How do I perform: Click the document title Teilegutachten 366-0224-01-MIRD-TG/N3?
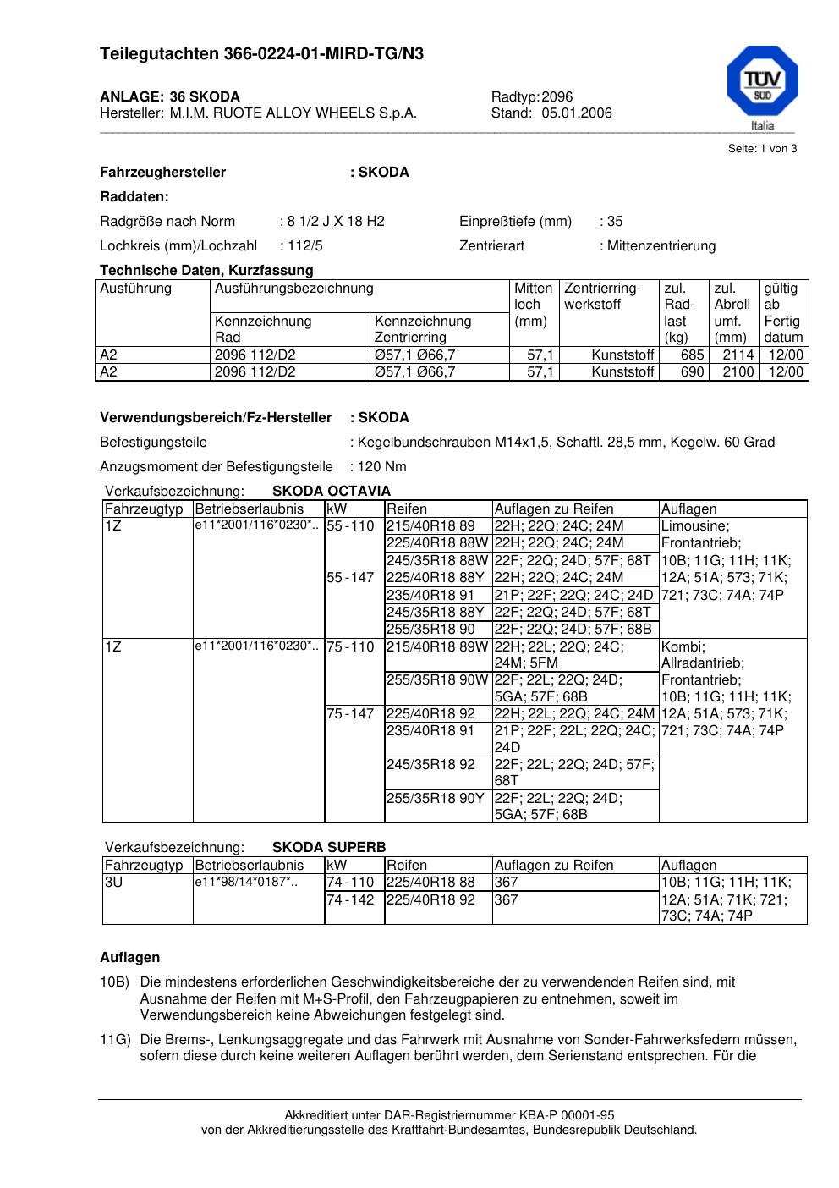pyautogui.click(x=261, y=54)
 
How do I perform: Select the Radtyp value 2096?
pyautogui.click(x=557, y=97)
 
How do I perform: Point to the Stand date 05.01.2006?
pyautogui.click(x=577, y=113)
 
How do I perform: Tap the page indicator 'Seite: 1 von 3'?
pyautogui.click(x=762, y=149)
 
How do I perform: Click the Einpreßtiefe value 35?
pyautogui.click(x=615, y=222)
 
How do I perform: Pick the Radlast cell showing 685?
pyautogui.click(x=692, y=355)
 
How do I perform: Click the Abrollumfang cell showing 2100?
pyautogui.click(x=738, y=372)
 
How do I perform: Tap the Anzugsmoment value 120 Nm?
pyautogui.click(x=382, y=467)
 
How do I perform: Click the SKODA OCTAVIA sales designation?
pyautogui.click(x=332, y=492)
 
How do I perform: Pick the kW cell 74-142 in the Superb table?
pyautogui.click(x=350, y=900)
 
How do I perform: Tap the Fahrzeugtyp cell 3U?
pyautogui.click(x=114, y=883)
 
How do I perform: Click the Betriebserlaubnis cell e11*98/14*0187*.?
pyautogui.click(x=245, y=883)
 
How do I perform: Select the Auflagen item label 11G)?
pyautogui.click(x=114, y=1040)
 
